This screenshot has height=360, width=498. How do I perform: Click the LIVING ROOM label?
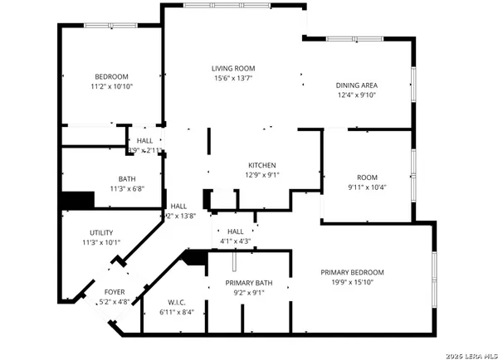click(232, 68)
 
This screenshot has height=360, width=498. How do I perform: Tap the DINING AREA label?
click(356, 85)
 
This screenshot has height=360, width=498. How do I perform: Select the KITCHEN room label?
click(261, 165)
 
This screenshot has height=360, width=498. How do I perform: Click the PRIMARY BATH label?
click(246, 283)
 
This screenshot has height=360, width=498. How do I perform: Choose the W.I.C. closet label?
click(176, 302)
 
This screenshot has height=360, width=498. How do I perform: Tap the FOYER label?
click(115, 292)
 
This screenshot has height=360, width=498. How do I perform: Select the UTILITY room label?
click(101, 232)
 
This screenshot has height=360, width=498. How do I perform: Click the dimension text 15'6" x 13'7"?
click(232, 78)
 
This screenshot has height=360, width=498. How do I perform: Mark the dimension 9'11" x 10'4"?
click(367, 187)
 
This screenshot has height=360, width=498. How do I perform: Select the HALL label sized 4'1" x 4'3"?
click(234, 231)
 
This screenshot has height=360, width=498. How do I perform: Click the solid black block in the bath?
click(76, 202)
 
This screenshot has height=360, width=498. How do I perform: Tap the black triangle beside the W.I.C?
click(196, 259)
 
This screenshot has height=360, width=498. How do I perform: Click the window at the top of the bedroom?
click(107, 25)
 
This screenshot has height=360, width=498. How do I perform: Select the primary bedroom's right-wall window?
click(432, 275)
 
